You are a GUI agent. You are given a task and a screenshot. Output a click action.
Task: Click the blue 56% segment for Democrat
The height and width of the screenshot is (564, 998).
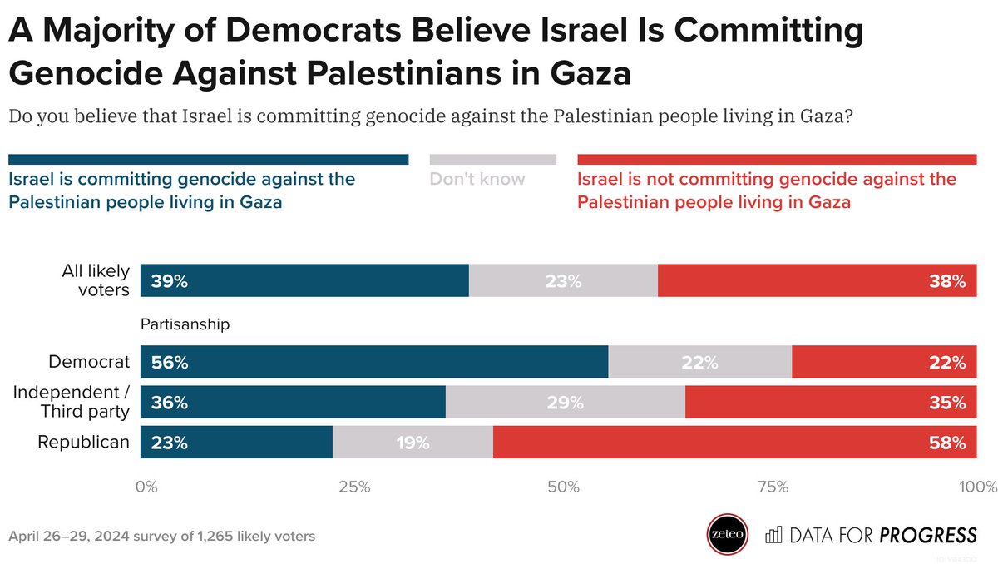[374, 362]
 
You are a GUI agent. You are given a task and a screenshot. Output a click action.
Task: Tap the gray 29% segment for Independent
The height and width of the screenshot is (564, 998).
[566, 403]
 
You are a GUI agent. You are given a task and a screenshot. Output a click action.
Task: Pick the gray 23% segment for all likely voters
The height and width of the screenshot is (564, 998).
[563, 281]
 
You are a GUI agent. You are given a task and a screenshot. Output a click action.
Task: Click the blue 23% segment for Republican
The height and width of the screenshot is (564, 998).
[237, 443]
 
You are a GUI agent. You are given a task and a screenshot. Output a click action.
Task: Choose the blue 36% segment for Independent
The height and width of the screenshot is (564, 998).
[293, 403]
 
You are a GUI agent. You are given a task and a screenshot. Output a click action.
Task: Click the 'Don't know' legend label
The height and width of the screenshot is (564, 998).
[477, 179]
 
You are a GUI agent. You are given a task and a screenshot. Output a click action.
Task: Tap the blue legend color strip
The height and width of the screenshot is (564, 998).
[208, 159]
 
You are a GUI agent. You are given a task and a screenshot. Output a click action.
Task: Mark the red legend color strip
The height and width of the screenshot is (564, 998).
[777, 159]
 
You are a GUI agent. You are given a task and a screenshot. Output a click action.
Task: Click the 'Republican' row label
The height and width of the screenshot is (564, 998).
[84, 443]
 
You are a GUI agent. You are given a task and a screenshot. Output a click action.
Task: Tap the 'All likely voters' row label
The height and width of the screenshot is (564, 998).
[96, 280]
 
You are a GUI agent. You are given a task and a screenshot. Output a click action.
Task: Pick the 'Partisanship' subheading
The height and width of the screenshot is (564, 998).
[185, 324]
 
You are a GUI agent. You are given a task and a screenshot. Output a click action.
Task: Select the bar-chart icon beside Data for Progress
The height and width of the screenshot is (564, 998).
[773, 534]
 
